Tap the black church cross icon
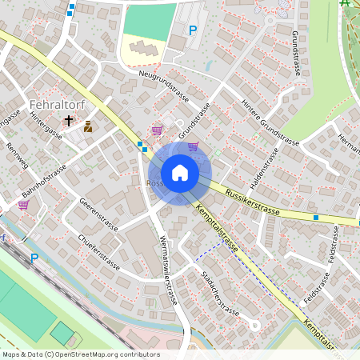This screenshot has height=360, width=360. (x=70, y=122)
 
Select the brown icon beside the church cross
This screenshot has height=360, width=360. (x=87, y=126)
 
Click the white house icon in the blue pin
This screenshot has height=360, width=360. (x=180, y=173)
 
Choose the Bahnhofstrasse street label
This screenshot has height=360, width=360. (x=43, y=184)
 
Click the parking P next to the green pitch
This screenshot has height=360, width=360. (x=192, y=30)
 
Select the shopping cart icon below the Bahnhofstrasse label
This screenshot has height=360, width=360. (x=23, y=205)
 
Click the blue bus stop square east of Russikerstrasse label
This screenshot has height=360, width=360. (x=317, y=217)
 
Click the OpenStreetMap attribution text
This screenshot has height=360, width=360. (x=80, y=354)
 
